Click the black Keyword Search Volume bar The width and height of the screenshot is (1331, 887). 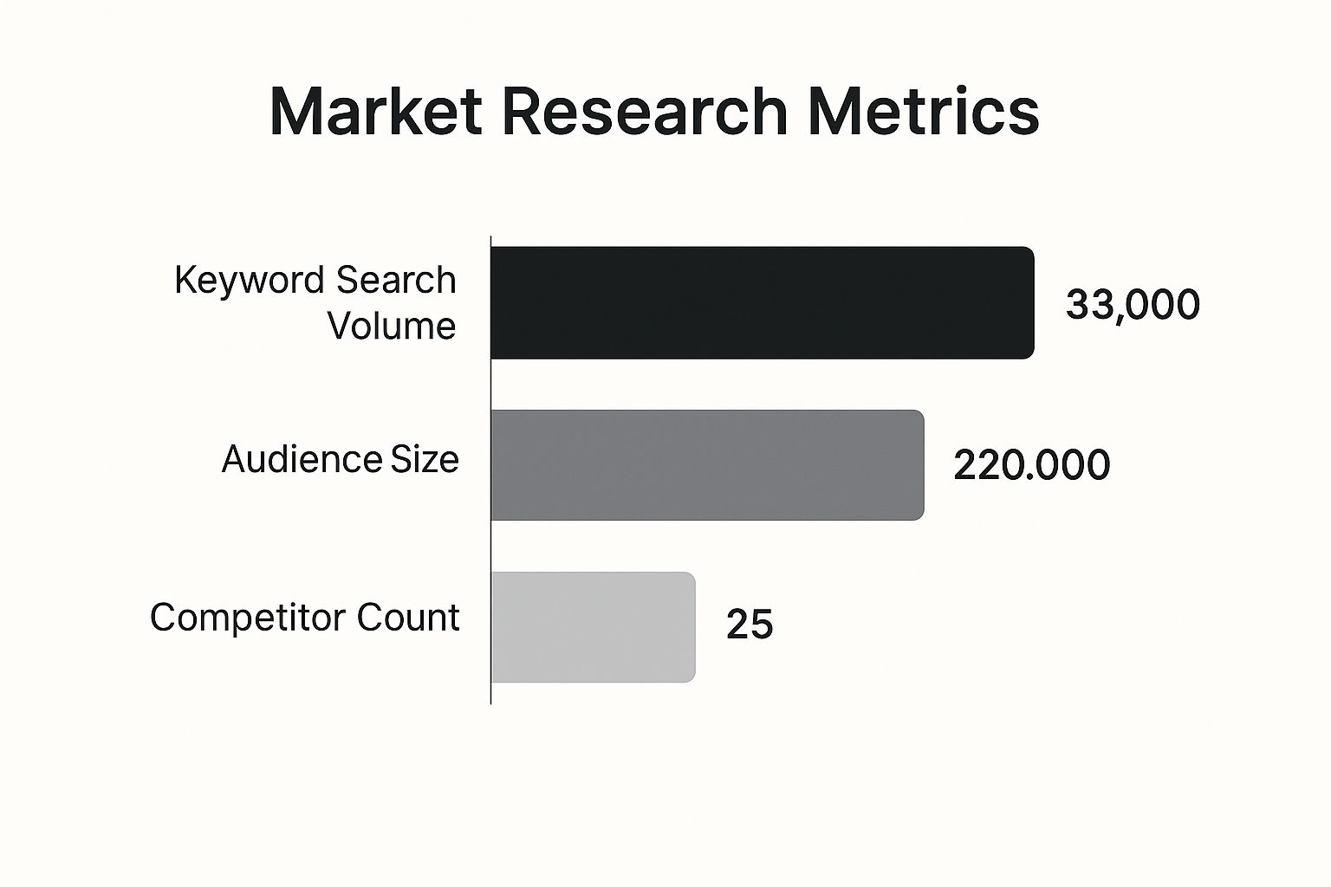pyautogui.click(x=763, y=302)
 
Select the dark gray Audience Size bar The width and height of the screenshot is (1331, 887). pyautogui.click(x=707, y=465)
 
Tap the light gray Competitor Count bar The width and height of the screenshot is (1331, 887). pyautogui.click(x=594, y=627)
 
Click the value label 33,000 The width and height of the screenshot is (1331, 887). pyautogui.click(x=1133, y=305)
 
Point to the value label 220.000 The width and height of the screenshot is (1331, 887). pyautogui.click(x=1031, y=465)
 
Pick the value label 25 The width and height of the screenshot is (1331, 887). pyautogui.click(x=750, y=625)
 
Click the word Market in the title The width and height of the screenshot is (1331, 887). pyautogui.click(x=375, y=111)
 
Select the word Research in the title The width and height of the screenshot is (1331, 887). pyautogui.click(x=644, y=111)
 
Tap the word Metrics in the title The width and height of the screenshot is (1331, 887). pyautogui.click(x=923, y=111)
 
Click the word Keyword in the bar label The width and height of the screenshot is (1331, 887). pyautogui.click(x=249, y=281)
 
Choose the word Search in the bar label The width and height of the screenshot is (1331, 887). pyautogui.click(x=396, y=280)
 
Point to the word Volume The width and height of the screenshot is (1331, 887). pyautogui.click(x=392, y=327)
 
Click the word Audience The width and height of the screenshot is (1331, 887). pyautogui.click(x=301, y=459)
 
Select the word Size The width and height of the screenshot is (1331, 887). pyautogui.click(x=425, y=459)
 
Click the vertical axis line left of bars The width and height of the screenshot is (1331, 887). pyautogui.click(x=490, y=468)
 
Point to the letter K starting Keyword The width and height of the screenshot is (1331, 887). pyautogui.click(x=184, y=280)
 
